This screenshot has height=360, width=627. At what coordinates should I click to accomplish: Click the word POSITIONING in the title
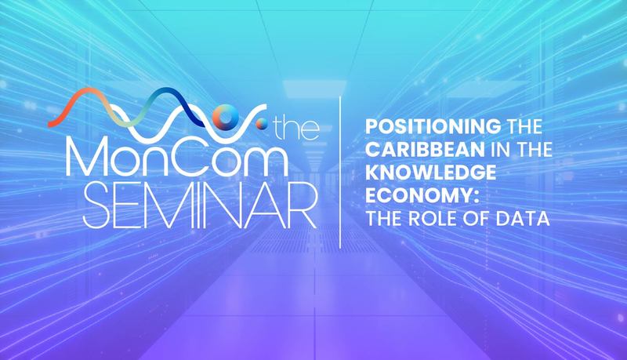tap(433, 127)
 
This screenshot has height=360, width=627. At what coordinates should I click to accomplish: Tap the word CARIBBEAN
tap(426, 150)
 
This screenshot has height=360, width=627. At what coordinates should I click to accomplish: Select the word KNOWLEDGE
tap(431, 173)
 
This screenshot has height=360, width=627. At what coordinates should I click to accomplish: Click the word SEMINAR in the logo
tap(200, 205)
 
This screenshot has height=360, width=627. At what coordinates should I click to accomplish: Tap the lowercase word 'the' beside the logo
tap(295, 129)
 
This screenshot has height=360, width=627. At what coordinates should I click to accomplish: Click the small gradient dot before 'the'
tap(262, 124)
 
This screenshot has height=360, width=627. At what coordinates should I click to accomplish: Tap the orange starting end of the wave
tap(51, 124)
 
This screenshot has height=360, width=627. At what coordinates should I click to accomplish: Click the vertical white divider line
tap(340, 172)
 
